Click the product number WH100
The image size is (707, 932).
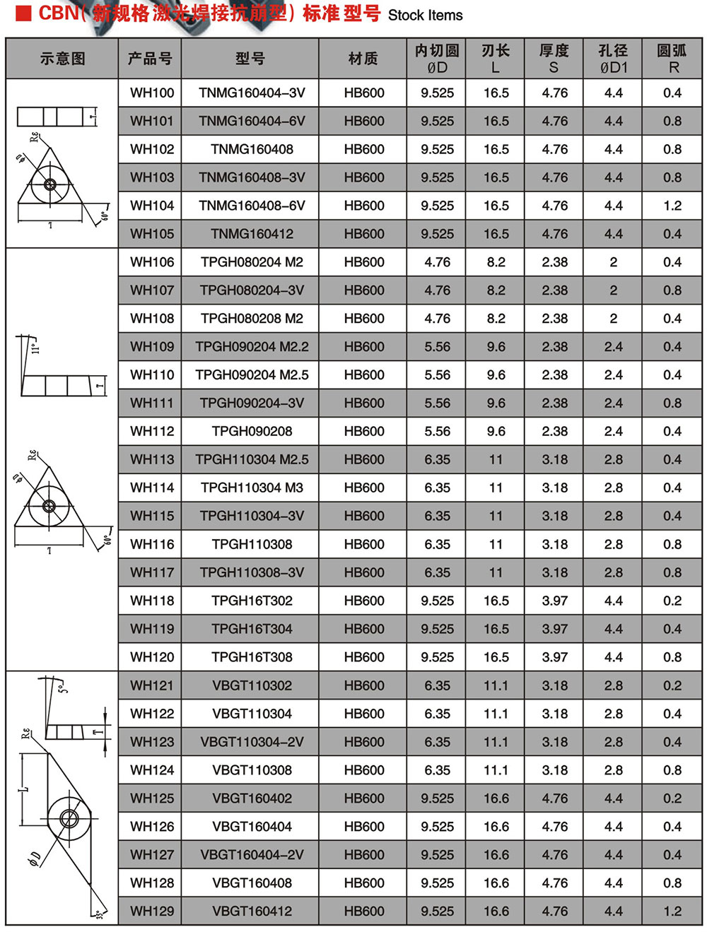(x=151, y=93)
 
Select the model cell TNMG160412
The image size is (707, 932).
(x=252, y=234)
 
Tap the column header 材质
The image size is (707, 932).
(x=363, y=59)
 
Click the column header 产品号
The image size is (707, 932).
(x=150, y=59)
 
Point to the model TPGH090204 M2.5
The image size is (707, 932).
(x=252, y=375)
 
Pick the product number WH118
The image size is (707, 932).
(x=151, y=601)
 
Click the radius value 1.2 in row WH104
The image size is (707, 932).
(x=672, y=206)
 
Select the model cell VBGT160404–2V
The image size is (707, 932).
(x=252, y=855)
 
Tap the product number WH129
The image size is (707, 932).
(x=151, y=912)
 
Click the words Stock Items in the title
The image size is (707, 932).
(x=425, y=16)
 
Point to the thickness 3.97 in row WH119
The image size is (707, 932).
(x=554, y=629)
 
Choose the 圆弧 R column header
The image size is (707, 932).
(x=672, y=59)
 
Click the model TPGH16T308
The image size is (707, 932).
(x=252, y=657)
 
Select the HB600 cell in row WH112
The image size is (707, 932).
(x=364, y=432)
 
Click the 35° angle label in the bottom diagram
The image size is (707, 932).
(x=100, y=914)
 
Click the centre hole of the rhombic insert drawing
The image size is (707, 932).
(x=69, y=819)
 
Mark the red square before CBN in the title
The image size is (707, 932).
(x=23, y=13)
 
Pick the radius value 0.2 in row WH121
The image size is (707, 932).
(x=672, y=685)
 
